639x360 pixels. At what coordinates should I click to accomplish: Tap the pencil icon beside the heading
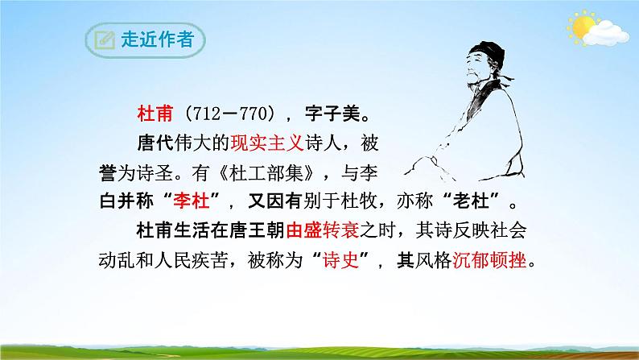pos(104,40)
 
